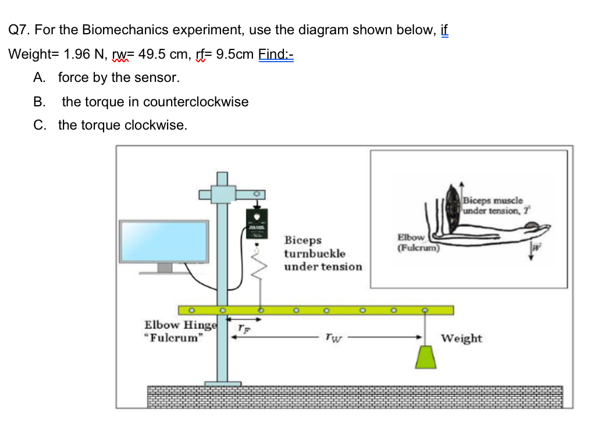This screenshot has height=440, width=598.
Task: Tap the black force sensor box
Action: coord(255,223)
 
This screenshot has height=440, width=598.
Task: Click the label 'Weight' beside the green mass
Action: coord(461,338)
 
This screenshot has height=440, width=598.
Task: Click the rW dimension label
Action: coord(330,337)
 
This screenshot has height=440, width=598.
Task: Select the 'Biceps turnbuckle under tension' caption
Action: coord(322,253)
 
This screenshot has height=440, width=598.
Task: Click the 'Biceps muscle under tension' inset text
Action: coord(494,205)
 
